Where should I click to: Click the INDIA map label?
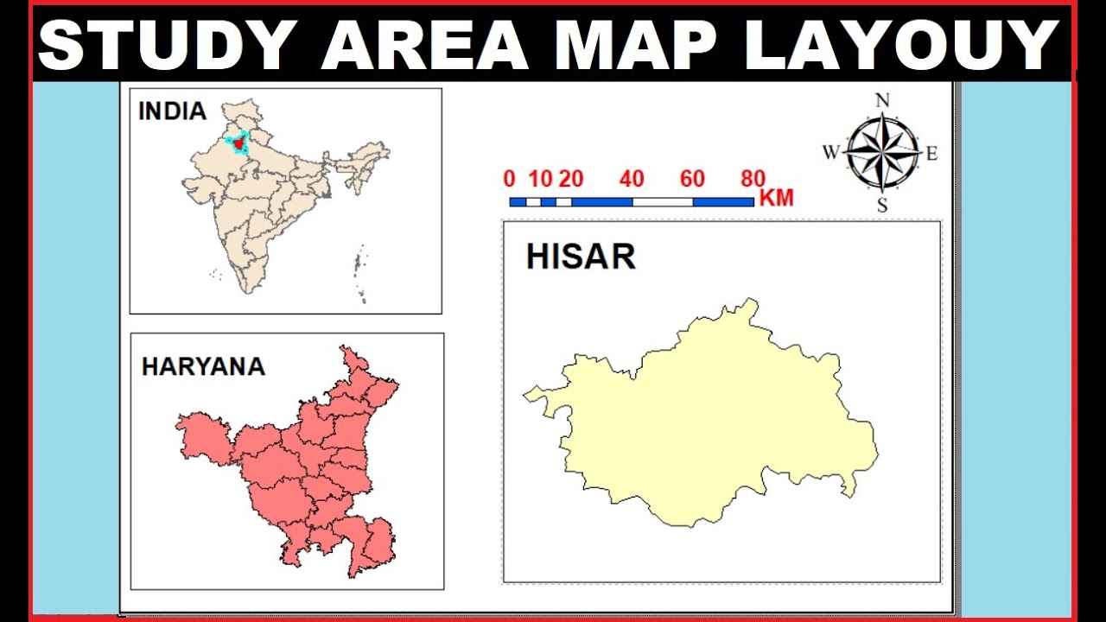[172, 111]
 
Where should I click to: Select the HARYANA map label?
[203, 366]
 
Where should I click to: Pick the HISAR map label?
[581, 257]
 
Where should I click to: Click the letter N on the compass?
[882, 100]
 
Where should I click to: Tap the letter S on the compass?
[882, 205]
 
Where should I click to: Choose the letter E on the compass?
[931, 154]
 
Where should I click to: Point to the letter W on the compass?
[830, 153]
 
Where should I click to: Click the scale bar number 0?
[509, 180]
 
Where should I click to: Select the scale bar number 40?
[632, 180]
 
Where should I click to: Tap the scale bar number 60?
[692, 180]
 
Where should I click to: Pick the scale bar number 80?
[753, 180]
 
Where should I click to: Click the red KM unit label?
[776, 199]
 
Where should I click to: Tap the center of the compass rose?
[882, 153]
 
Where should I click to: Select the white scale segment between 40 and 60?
[663, 202]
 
